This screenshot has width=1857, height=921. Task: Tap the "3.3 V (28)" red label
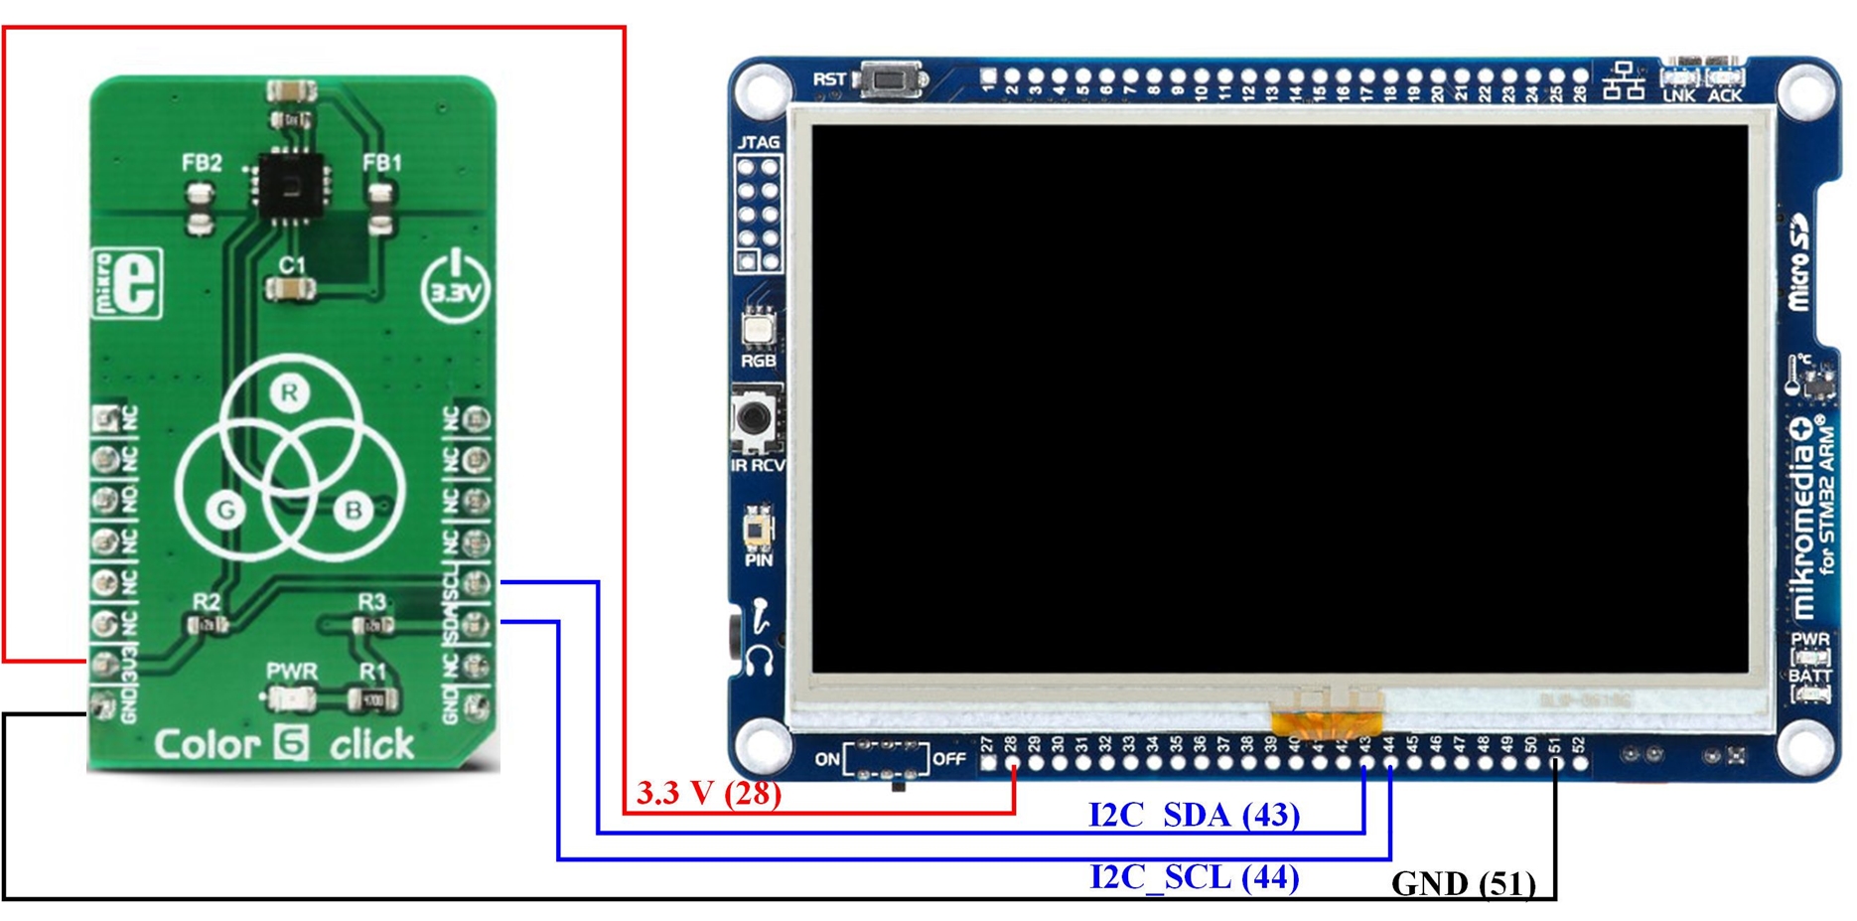[x=708, y=793]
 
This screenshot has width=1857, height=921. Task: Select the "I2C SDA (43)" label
[x=1194, y=816]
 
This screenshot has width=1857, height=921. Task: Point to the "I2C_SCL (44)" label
[x=1194, y=877]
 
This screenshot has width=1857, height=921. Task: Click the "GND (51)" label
[x=1463, y=883]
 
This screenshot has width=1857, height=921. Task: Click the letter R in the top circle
[x=289, y=392]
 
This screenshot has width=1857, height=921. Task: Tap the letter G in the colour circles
[x=226, y=510]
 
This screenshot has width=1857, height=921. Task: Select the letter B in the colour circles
[x=353, y=510]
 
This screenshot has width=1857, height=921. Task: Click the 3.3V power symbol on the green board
[x=455, y=286]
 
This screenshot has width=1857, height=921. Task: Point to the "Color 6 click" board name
[x=284, y=744]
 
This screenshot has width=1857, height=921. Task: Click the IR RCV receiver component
[x=756, y=417]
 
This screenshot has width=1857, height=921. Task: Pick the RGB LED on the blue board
[x=758, y=327]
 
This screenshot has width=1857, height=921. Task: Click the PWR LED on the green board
[x=290, y=699]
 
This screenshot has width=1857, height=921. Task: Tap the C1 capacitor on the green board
[x=291, y=289]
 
